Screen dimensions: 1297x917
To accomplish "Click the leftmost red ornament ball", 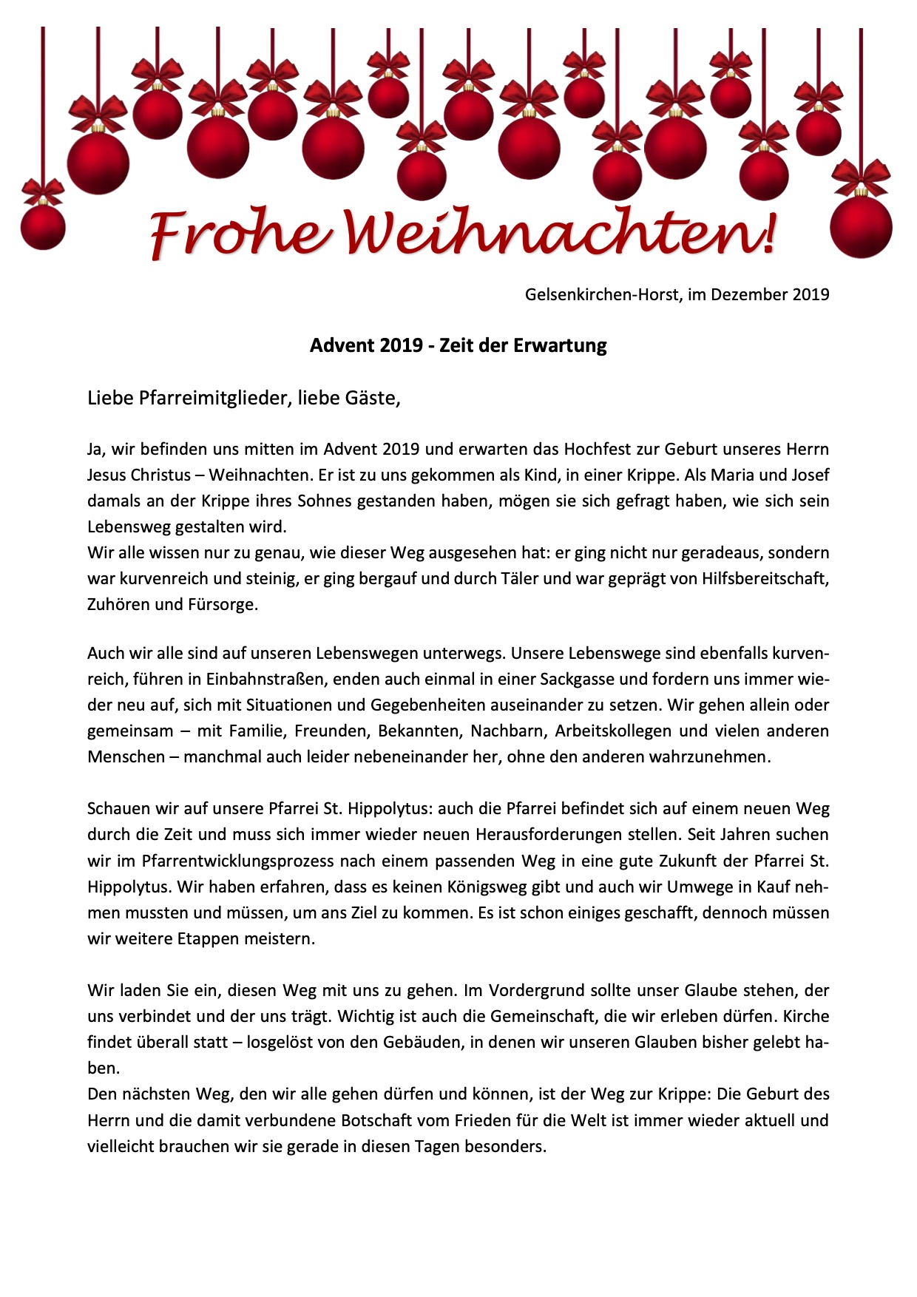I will (42, 226).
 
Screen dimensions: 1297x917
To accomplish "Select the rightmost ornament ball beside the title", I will (861, 226).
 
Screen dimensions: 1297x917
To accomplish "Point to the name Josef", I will (807, 475).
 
